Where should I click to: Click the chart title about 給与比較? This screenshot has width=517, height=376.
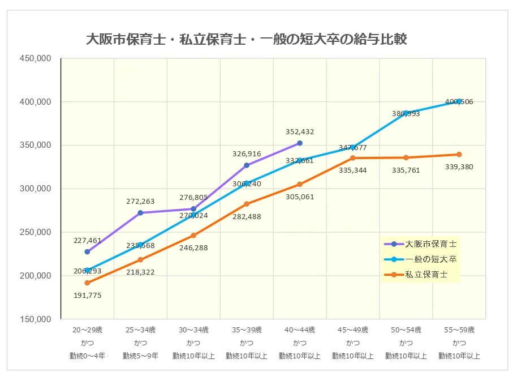pyautogui.click(x=246, y=40)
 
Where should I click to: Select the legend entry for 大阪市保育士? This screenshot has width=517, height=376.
pyautogui.click(x=430, y=244)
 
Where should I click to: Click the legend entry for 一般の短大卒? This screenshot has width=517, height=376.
pyautogui.click(x=430, y=259)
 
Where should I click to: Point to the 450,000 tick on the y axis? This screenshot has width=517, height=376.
pyautogui.click(x=36, y=58)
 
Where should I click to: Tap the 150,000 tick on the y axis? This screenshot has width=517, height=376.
pyautogui.click(x=36, y=319)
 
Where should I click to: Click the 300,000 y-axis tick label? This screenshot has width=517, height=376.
pyautogui.click(x=36, y=189)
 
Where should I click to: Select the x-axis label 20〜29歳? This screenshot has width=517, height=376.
pyautogui.click(x=87, y=330)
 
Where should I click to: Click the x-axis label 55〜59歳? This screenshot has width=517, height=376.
pyautogui.click(x=459, y=330)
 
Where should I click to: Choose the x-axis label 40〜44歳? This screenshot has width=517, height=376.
pyautogui.click(x=300, y=330)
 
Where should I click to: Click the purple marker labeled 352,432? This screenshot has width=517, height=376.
pyautogui.click(x=300, y=143)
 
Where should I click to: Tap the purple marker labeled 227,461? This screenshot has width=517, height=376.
pyautogui.click(x=87, y=251)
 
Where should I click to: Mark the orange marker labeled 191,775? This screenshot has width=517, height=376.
pyautogui.click(x=87, y=283)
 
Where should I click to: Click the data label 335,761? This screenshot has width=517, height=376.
pyautogui.click(x=406, y=170)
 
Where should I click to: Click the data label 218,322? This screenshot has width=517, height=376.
pyautogui.click(x=140, y=272)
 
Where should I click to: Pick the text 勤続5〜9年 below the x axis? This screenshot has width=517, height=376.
pyautogui.click(x=140, y=356)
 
